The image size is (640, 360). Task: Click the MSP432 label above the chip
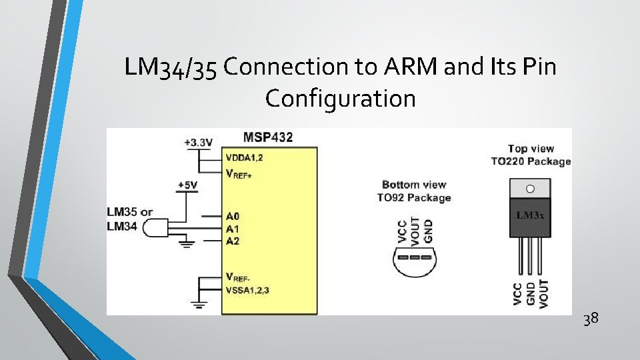[267, 137]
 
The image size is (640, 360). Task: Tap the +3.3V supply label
[199, 142]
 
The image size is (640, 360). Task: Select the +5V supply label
[187, 185]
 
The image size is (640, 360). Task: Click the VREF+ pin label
[241, 174]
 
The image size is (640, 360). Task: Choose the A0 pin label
[233, 216]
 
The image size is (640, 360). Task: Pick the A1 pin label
[233, 229]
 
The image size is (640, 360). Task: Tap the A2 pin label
[233, 241]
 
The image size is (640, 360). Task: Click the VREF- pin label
[239, 277]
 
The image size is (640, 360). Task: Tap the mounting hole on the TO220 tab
[530, 188]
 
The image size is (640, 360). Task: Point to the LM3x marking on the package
[530, 215]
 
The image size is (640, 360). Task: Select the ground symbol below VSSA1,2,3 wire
[198, 306]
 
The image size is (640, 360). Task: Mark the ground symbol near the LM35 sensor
[187, 245]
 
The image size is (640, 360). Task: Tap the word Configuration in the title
[340, 99]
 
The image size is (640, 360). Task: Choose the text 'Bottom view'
[414, 185]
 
